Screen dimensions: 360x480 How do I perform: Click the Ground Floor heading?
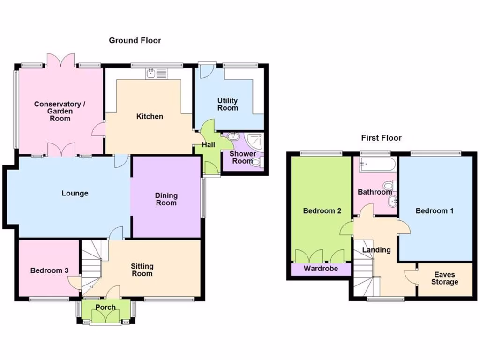(135, 40)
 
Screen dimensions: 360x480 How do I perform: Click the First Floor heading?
(381, 138)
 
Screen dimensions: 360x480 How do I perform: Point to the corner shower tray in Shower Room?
(255, 140)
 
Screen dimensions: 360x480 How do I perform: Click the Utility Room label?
(227, 104)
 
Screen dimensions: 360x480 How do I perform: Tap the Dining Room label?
(166, 199)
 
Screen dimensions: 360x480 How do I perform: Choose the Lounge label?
(75, 193)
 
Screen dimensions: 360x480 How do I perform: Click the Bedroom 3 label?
(50, 270)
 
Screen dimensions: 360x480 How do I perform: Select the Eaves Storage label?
(444, 278)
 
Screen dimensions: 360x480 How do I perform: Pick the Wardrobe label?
(321, 269)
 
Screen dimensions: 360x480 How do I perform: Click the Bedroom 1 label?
(435, 211)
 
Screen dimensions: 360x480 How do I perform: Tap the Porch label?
(105, 307)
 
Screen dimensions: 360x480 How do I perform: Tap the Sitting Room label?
(142, 270)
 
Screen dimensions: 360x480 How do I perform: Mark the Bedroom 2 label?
(322, 211)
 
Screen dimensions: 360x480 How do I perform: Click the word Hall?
(209, 145)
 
